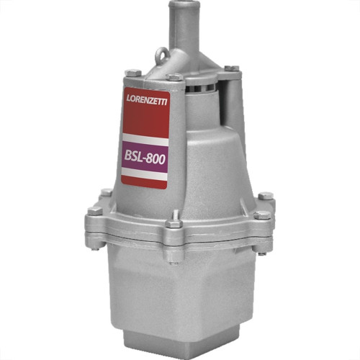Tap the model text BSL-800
(145, 158)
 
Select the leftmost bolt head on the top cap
(133, 72)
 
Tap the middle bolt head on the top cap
(174, 77)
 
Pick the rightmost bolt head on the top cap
(232, 68)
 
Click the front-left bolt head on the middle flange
(95, 211)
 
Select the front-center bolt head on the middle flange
(174, 224)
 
